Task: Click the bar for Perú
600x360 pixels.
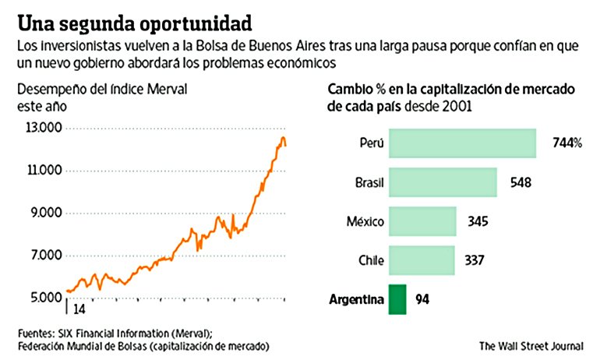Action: [x=463, y=143]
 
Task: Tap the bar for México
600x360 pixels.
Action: [x=422, y=221]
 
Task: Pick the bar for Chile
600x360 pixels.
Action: [x=421, y=260]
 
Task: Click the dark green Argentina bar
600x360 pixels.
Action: [x=397, y=299]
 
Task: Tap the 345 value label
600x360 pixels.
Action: [x=477, y=221]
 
